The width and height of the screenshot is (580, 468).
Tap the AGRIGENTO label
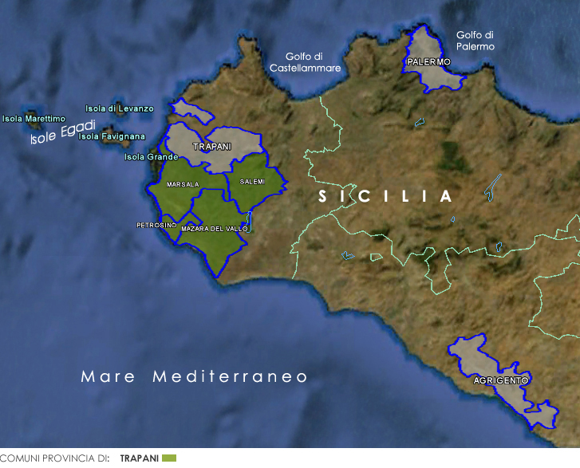[x=500, y=381]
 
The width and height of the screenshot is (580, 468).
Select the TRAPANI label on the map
[x=211, y=147]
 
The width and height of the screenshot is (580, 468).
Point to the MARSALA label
[x=183, y=184]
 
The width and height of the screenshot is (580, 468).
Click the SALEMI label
[x=252, y=182]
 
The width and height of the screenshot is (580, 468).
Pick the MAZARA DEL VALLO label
[x=215, y=229]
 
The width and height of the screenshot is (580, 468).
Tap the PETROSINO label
[x=156, y=225]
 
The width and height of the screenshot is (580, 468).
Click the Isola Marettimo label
[x=34, y=119]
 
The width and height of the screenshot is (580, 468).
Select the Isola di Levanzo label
[x=120, y=108]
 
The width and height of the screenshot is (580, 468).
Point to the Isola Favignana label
[x=112, y=136]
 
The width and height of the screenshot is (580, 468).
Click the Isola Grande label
[x=151, y=157]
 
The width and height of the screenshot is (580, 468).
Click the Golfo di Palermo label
[x=475, y=41]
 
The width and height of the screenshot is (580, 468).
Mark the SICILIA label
[x=385, y=196]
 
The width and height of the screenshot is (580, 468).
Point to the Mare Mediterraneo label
[x=194, y=376]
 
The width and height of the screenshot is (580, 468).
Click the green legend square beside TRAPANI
[x=168, y=458]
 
